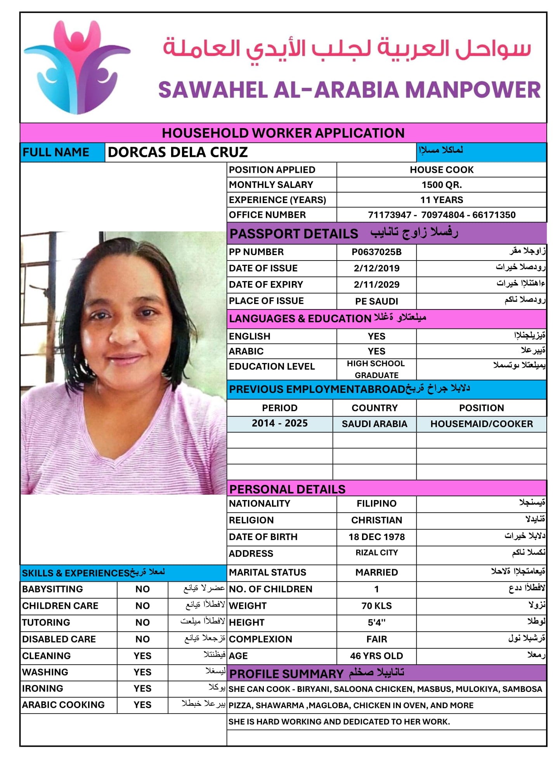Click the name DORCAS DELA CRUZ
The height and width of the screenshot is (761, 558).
[x=177, y=152]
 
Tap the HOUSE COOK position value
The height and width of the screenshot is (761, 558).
[x=441, y=170]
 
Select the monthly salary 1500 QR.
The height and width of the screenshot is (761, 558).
[x=441, y=185]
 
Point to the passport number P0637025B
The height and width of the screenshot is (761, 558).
[x=376, y=252]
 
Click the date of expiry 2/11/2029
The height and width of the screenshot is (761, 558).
[x=376, y=285]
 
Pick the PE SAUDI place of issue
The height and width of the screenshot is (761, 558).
[x=376, y=301]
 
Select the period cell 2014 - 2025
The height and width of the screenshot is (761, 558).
[x=279, y=423]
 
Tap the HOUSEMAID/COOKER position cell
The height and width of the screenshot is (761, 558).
[x=481, y=424]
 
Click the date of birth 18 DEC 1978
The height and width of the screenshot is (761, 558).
[x=376, y=537]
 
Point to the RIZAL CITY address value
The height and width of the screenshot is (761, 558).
[x=376, y=553]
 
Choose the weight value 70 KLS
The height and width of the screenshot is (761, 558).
[x=376, y=606]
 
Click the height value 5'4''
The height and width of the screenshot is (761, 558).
[x=376, y=622]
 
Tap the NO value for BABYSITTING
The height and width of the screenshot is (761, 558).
[x=142, y=589]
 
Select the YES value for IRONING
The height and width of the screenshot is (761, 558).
[x=142, y=688]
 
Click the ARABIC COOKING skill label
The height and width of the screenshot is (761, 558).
[x=63, y=705]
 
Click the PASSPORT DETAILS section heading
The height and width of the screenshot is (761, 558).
[x=293, y=234]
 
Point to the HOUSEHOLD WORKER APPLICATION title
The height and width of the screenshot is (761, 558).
[x=283, y=133]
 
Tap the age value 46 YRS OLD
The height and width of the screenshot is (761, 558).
[x=376, y=656]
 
